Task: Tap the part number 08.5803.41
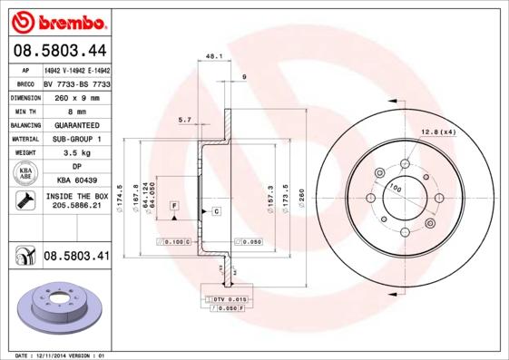(x=76, y=258)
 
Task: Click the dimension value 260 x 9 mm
(x=76, y=96)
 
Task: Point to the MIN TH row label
(x=24, y=110)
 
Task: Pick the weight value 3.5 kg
(x=76, y=153)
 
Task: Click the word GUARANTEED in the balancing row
(x=76, y=124)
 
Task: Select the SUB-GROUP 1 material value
(x=76, y=139)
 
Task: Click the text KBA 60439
(x=76, y=181)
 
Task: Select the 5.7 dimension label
(x=184, y=120)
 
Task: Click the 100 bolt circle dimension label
(x=394, y=188)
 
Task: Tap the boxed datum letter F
(x=172, y=205)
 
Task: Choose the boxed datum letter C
(x=217, y=211)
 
